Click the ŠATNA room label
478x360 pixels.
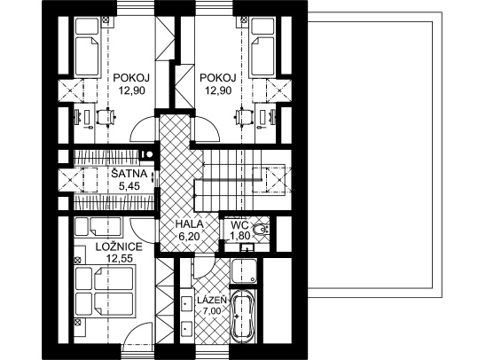point(129,174)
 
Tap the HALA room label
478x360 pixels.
point(189,224)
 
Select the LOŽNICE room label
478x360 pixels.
point(119,247)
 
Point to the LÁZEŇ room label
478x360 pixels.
point(212,300)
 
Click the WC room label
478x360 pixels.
point(239,225)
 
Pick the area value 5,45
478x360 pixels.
point(129,185)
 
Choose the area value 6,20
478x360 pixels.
point(189,236)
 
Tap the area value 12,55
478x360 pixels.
point(119,258)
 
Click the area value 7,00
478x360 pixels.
point(212,311)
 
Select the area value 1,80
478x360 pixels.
point(240,236)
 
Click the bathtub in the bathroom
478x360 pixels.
point(243,317)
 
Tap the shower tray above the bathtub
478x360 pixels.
point(244,270)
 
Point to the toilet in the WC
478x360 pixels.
point(260,229)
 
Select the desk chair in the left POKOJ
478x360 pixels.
point(106,117)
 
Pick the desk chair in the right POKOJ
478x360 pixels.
point(244,117)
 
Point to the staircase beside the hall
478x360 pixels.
point(243,179)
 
